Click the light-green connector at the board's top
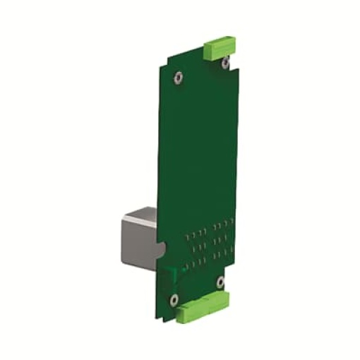point(220,49)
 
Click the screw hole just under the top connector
point(225,64)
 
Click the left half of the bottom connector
point(191,316)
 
